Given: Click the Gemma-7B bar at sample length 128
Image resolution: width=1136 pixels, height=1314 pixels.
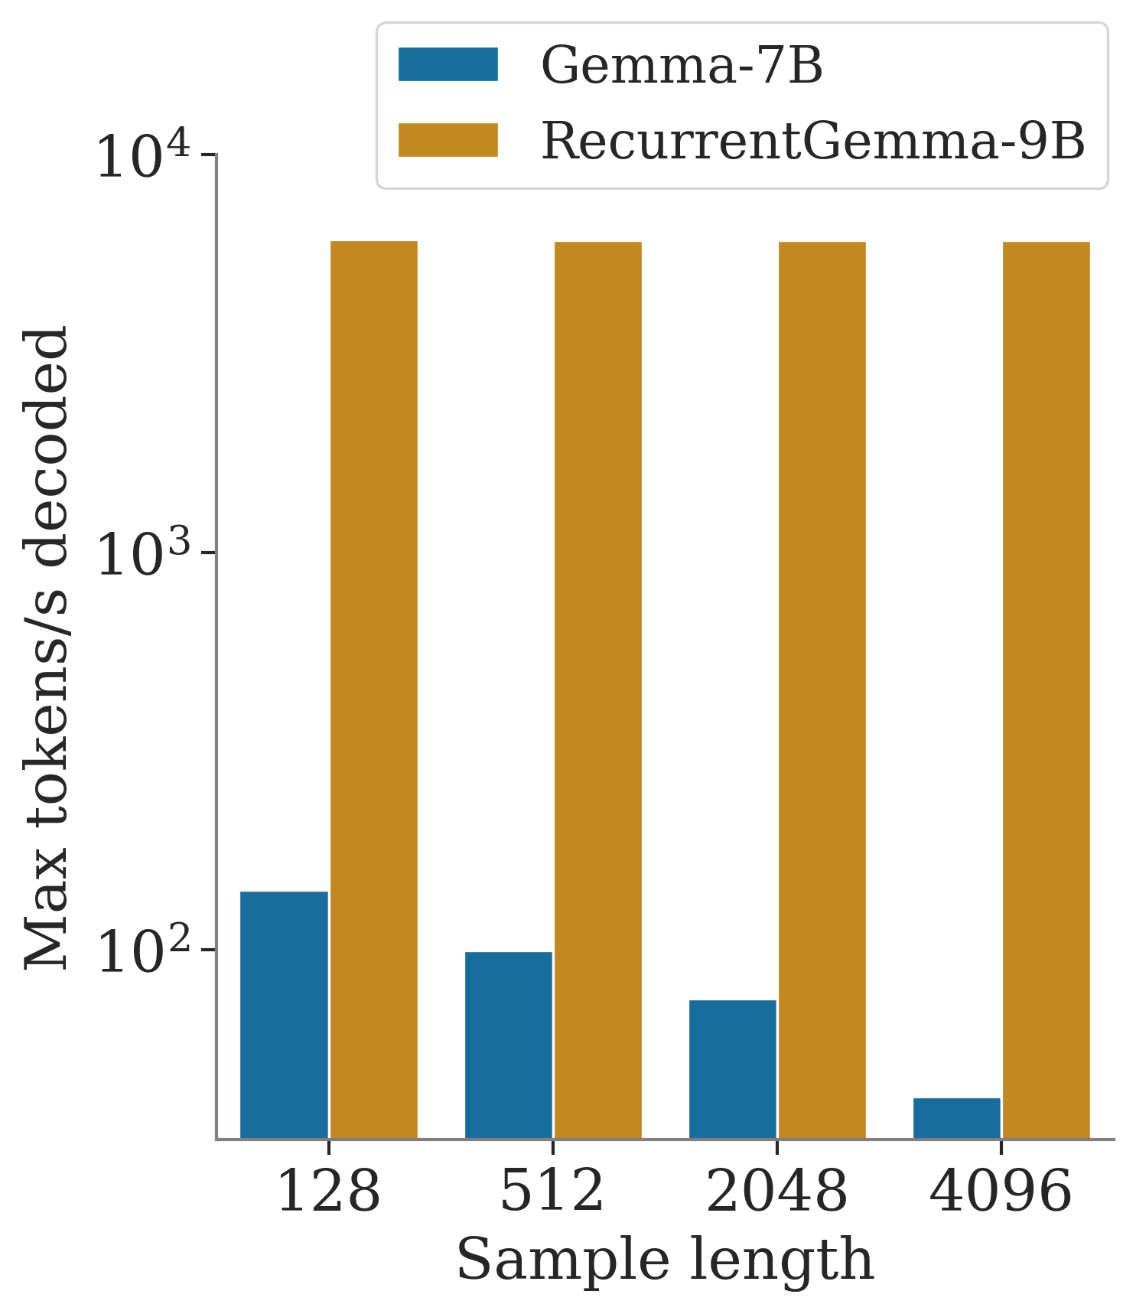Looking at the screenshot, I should tap(284, 1014).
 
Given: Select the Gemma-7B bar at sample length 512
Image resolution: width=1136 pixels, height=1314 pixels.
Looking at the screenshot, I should tap(508, 1045).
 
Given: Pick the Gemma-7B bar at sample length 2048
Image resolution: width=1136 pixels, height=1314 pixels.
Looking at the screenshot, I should tap(732, 1068).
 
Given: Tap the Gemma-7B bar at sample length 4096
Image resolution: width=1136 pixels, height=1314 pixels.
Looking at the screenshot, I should tap(956, 1117).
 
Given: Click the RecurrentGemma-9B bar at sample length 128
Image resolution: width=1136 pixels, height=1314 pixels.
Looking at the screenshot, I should tap(373, 689).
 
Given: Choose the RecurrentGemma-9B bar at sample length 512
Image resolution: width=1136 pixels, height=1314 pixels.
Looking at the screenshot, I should tap(597, 689).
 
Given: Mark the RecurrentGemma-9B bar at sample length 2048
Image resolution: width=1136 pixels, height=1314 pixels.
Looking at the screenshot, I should tap(822, 689).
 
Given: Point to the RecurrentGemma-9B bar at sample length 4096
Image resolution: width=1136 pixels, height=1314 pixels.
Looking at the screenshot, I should tap(1046, 689).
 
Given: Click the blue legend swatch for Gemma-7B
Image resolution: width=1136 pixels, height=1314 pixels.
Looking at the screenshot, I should tap(448, 64).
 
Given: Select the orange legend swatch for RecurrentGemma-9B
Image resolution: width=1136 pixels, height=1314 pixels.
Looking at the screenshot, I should tap(448, 140).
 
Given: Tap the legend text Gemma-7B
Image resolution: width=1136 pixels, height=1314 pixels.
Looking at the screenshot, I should tap(682, 66).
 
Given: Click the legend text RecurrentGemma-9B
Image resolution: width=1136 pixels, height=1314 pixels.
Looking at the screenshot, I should tap(813, 142).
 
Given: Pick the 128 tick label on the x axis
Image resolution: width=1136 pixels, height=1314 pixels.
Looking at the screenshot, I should tap(328, 1192).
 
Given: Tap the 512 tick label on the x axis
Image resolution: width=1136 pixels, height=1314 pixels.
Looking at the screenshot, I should tap(552, 1192).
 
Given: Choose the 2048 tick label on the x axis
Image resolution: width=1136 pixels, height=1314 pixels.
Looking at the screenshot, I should tap(776, 1192).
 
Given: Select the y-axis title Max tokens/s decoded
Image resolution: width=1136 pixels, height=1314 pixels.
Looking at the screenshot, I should tap(47, 647).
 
